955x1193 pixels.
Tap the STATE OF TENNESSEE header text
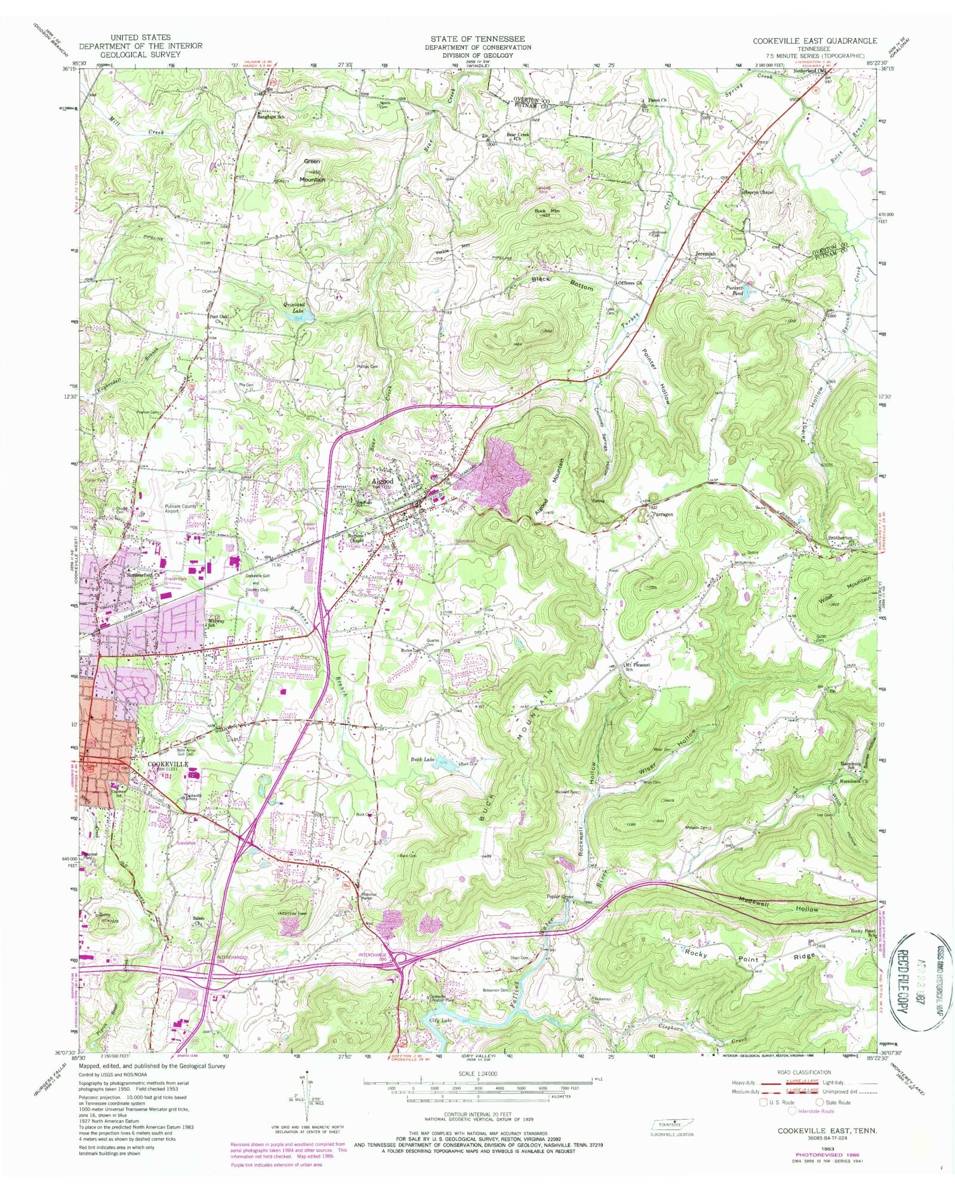[478, 39]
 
